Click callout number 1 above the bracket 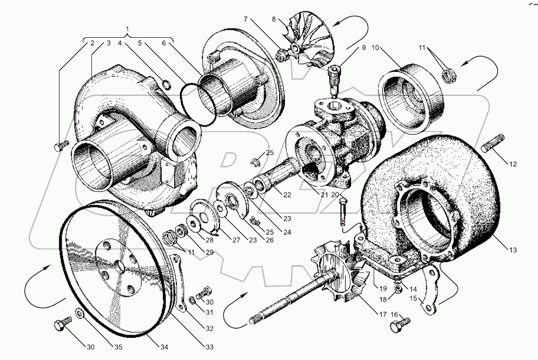pyautogui.click(x=128, y=29)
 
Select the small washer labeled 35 pyautogui.click(x=79, y=314)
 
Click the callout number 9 pyautogui.click(x=363, y=48)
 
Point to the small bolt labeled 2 pyautogui.click(x=61, y=145)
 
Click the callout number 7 pyautogui.click(x=246, y=19)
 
